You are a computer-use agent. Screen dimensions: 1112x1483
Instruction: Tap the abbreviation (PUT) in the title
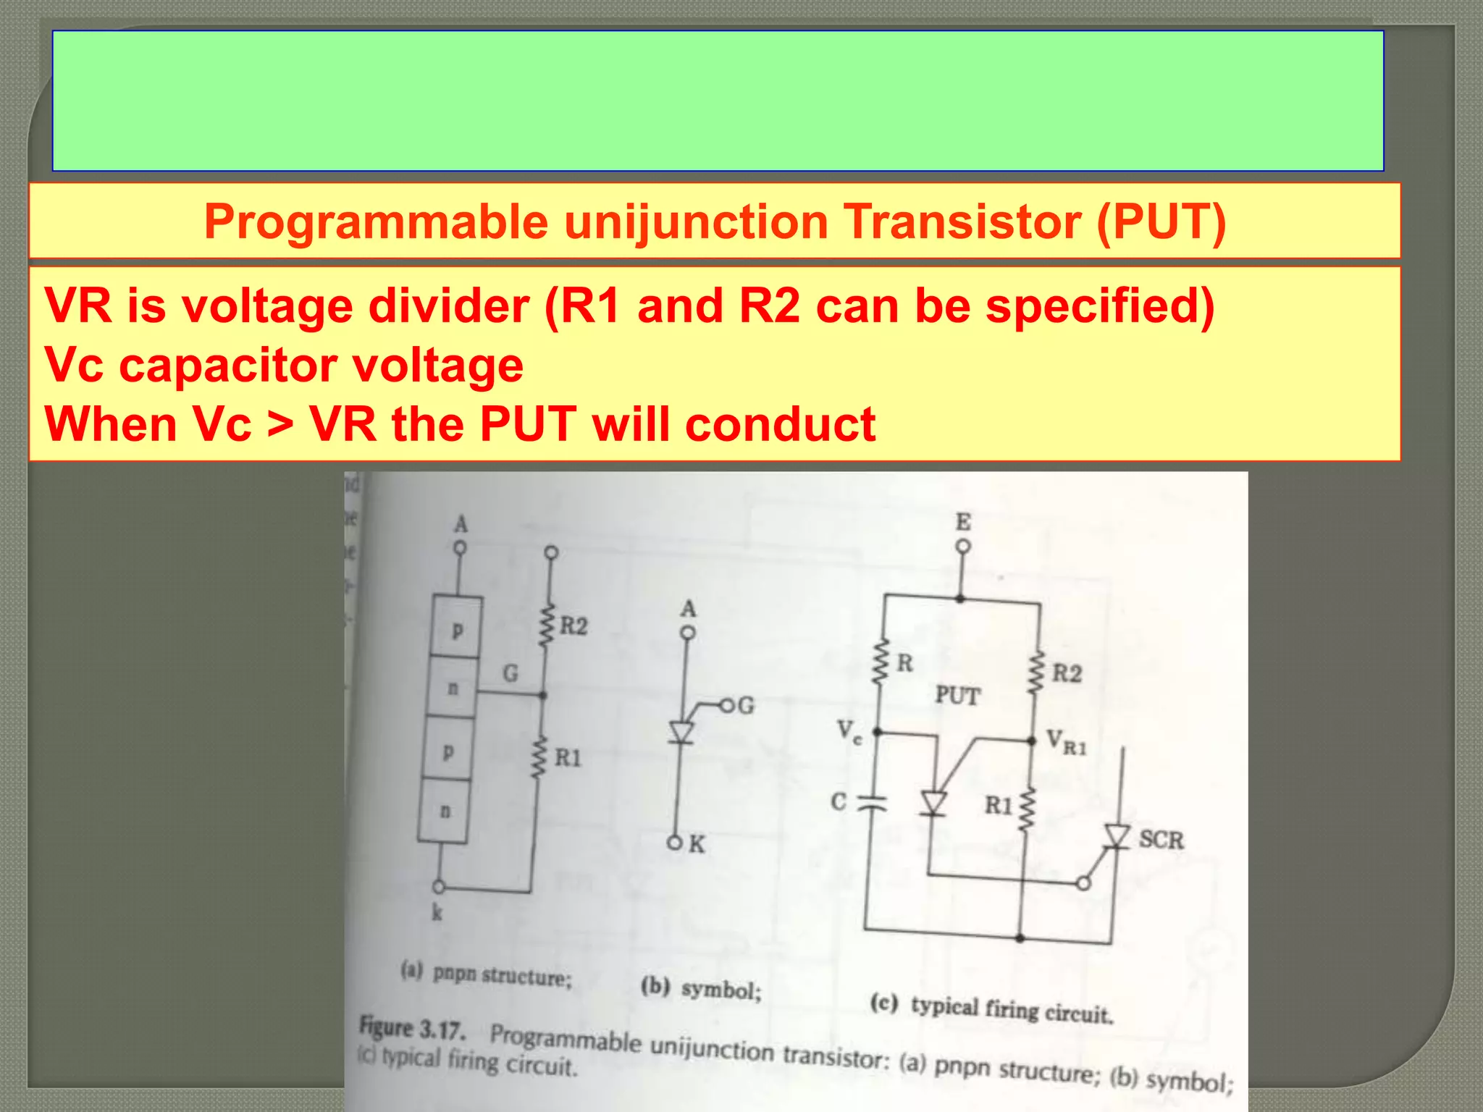1161,222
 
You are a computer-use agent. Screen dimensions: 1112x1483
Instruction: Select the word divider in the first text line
449,306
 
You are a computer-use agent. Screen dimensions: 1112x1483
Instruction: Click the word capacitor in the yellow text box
227,365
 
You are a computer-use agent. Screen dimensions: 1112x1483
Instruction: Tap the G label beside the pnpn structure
511,674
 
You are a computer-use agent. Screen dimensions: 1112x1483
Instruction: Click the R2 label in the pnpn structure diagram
574,625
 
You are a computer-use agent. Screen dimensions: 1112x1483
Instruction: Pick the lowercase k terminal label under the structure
437,912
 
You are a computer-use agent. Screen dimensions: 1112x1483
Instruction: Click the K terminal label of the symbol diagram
697,844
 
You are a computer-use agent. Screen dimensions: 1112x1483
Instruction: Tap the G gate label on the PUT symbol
746,705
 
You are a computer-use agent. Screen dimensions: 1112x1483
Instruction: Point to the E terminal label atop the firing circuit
963,522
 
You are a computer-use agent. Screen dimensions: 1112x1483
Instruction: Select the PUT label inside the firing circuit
957,696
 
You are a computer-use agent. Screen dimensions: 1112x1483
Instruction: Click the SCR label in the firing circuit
1161,840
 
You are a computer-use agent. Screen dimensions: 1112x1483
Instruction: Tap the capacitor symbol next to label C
873,802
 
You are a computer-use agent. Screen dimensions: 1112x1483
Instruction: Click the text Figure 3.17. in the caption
412,1028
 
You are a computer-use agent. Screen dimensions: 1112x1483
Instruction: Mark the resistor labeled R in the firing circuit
881,662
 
